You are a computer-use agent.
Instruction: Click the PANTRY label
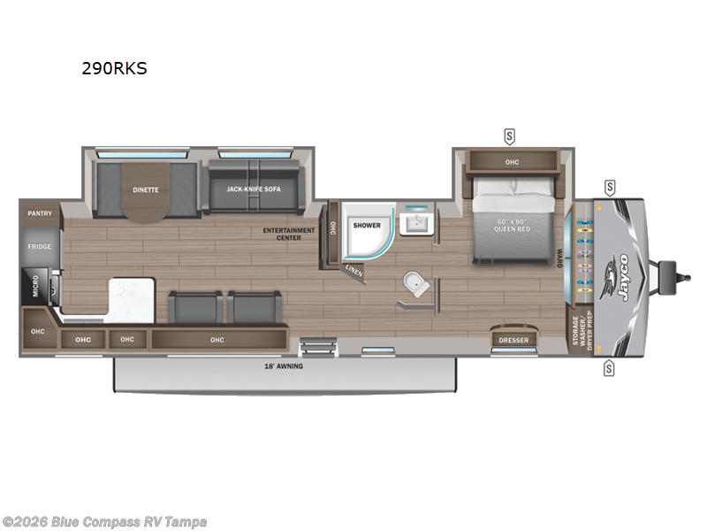[40, 213]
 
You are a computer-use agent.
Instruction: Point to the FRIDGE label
[40, 247]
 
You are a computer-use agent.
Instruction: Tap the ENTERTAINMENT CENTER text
[289, 233]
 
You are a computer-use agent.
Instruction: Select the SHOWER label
[367, 225]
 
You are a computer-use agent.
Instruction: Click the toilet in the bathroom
[414, 285]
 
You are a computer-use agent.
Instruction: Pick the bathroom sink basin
[414, 222]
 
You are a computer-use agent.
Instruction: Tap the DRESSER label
[513, 340]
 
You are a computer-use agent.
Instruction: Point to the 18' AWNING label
[284, 366]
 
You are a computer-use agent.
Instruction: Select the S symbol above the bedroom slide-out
[509, 135]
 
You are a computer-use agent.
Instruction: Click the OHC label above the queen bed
[512, 162]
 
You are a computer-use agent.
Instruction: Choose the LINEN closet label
[353, 271]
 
